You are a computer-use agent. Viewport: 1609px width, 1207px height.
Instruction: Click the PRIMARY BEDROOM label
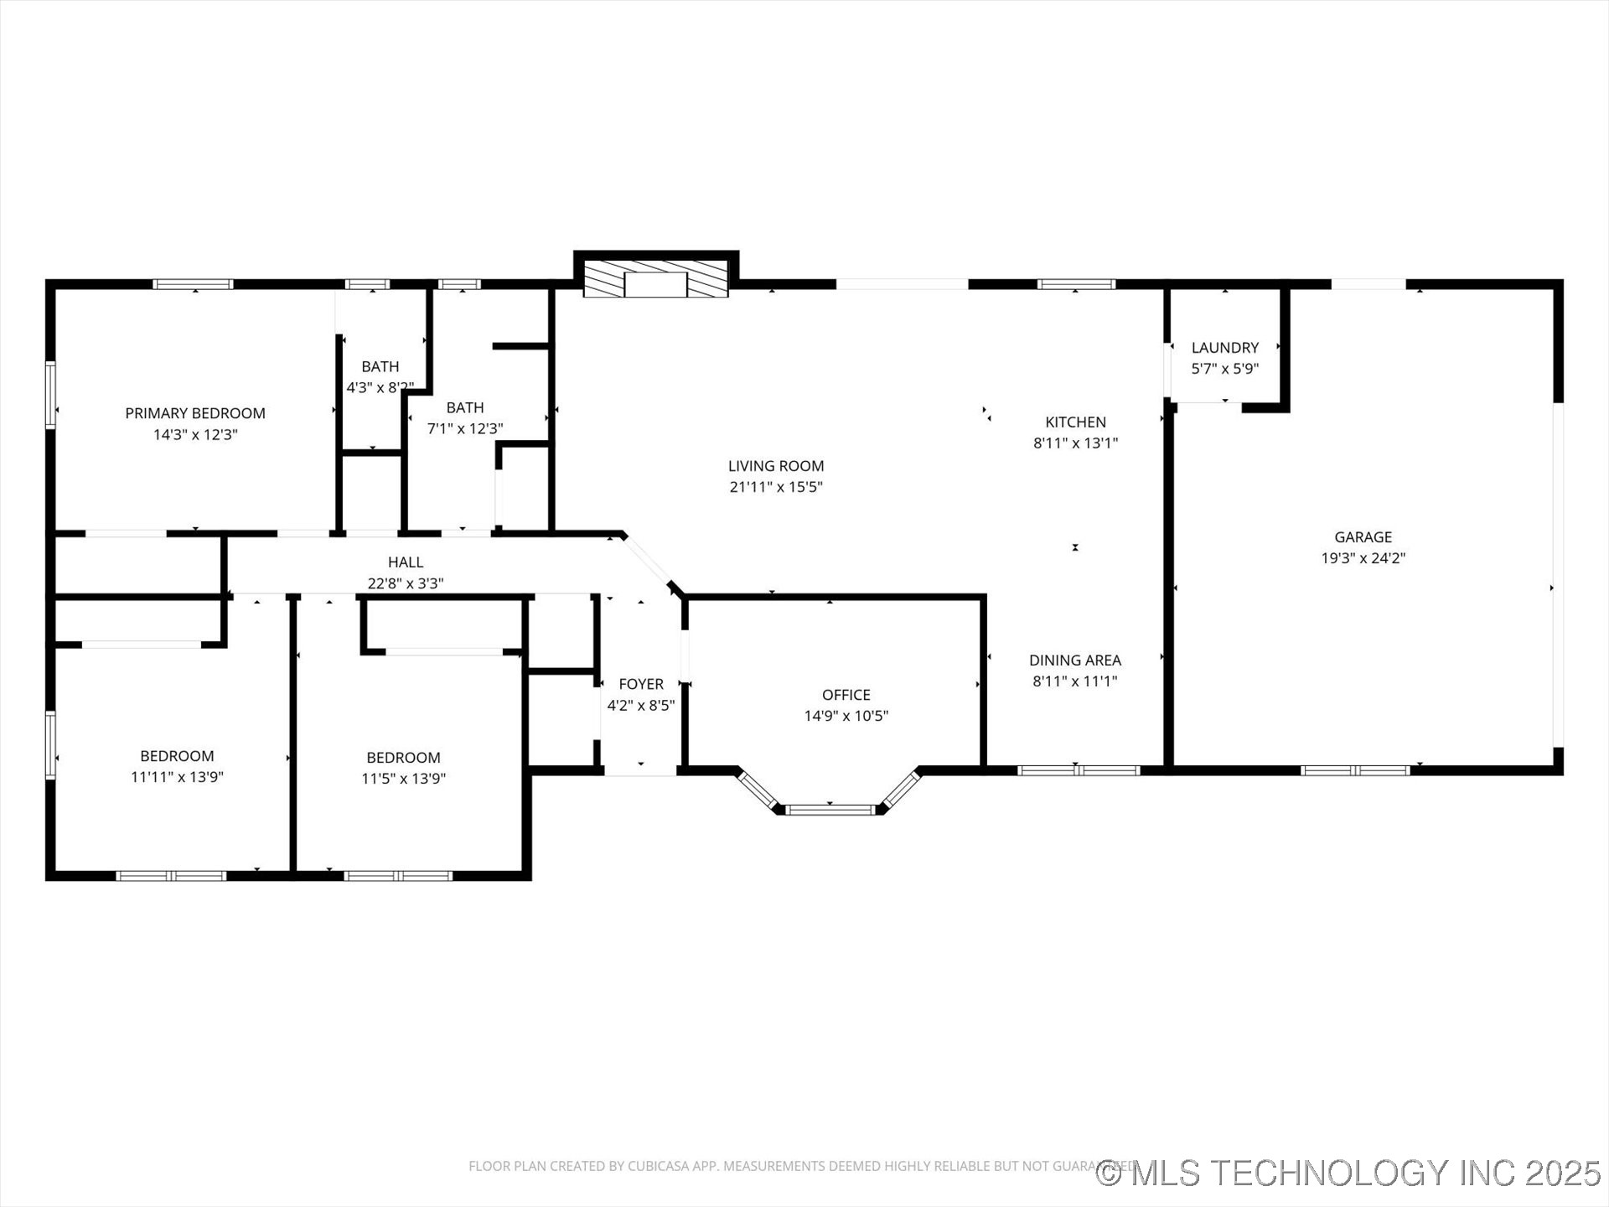(x=194, y=413)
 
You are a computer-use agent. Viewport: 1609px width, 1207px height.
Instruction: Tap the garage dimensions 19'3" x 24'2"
(x=1363, y=558)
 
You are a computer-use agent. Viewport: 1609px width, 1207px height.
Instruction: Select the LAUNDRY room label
(x=1224, y=348)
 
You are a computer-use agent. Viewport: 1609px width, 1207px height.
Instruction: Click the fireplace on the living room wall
(x=655, y=277)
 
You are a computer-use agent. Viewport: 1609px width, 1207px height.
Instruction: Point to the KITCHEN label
(x=1075, y=422)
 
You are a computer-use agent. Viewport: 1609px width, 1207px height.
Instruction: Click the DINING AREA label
(x=1075, y=660)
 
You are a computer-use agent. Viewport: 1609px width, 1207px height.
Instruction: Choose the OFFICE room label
(x=846, y=695)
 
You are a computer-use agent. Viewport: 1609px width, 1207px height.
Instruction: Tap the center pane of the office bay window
(x=830, y=810)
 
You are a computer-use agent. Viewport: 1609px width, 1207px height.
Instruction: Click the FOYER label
(x=641, y=684)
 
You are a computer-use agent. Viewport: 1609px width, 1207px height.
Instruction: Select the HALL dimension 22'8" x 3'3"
(x=406, y=583)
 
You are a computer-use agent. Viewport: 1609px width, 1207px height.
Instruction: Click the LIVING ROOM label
(x=776, y=466)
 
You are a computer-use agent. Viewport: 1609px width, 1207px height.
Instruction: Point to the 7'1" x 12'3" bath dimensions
(x=465, y=429)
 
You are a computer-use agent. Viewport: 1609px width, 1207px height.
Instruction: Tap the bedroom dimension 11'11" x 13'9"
(x=177, y=777)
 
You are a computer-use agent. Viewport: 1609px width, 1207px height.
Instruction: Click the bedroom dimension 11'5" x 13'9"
(x=403, y=779)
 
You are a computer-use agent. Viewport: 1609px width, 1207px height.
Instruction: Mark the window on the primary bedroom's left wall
(x=51, y=395)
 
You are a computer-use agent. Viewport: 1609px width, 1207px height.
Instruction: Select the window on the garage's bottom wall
(x=1355, y=770)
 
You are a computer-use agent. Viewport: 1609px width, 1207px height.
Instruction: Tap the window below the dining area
(x=1079, y=770)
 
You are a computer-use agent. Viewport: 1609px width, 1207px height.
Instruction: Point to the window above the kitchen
(x=1076, y=284)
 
